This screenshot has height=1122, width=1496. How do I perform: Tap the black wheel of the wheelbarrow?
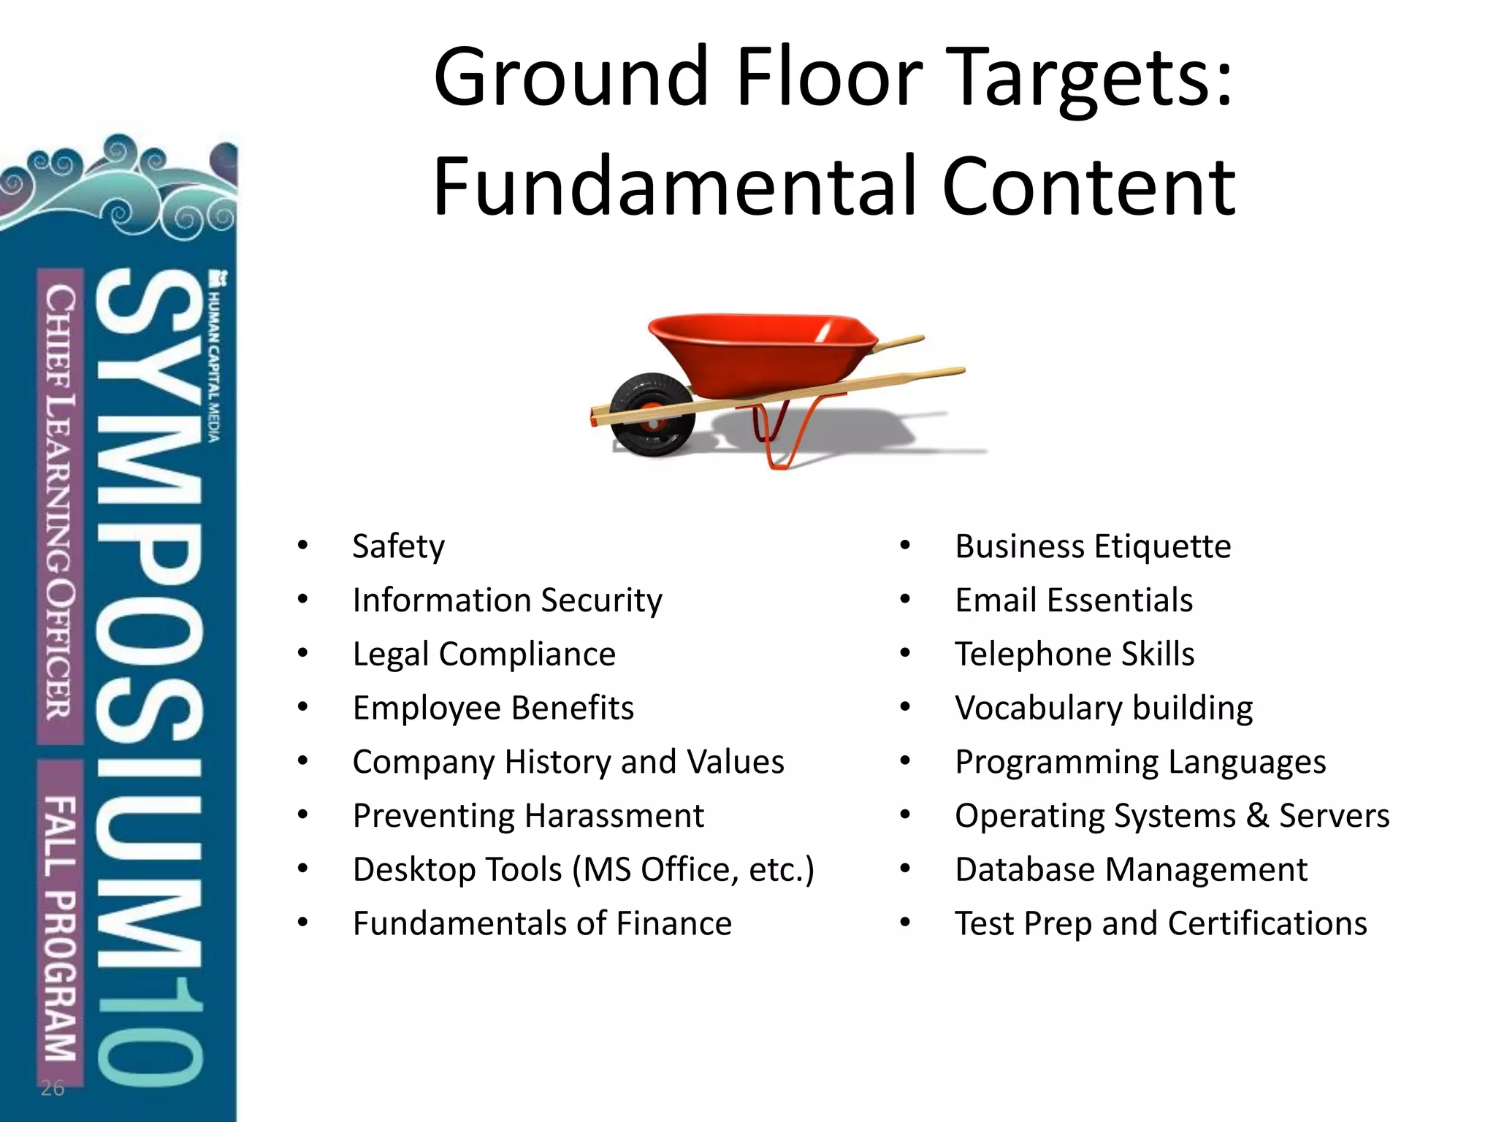(x=650, y=415)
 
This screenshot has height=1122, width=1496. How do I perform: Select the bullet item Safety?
(x=398, y=547)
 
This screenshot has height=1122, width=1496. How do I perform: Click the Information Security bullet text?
(x=507, y=600)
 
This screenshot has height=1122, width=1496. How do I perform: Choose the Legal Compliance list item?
(x=484, y=654)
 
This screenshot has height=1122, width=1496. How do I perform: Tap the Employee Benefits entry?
(x=493, y=708)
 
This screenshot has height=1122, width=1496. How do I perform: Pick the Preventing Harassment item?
(x=528, y=816)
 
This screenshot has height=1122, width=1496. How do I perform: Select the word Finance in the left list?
(x=673, y=923)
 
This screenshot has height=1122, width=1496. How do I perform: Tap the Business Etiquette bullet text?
(x=1093, y=547)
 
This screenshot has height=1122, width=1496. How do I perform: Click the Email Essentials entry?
(x=1074, y=600)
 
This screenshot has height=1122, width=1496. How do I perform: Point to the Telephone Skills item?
(x=1075, y=654)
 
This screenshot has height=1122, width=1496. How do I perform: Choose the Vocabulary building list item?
(x=1104, y=708)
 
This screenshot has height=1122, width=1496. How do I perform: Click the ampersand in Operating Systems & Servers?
(x=1256, y=816)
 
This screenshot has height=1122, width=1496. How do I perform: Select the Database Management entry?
(x=1131, y=870)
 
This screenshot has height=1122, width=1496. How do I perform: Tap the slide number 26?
(x=53, y=1088)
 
